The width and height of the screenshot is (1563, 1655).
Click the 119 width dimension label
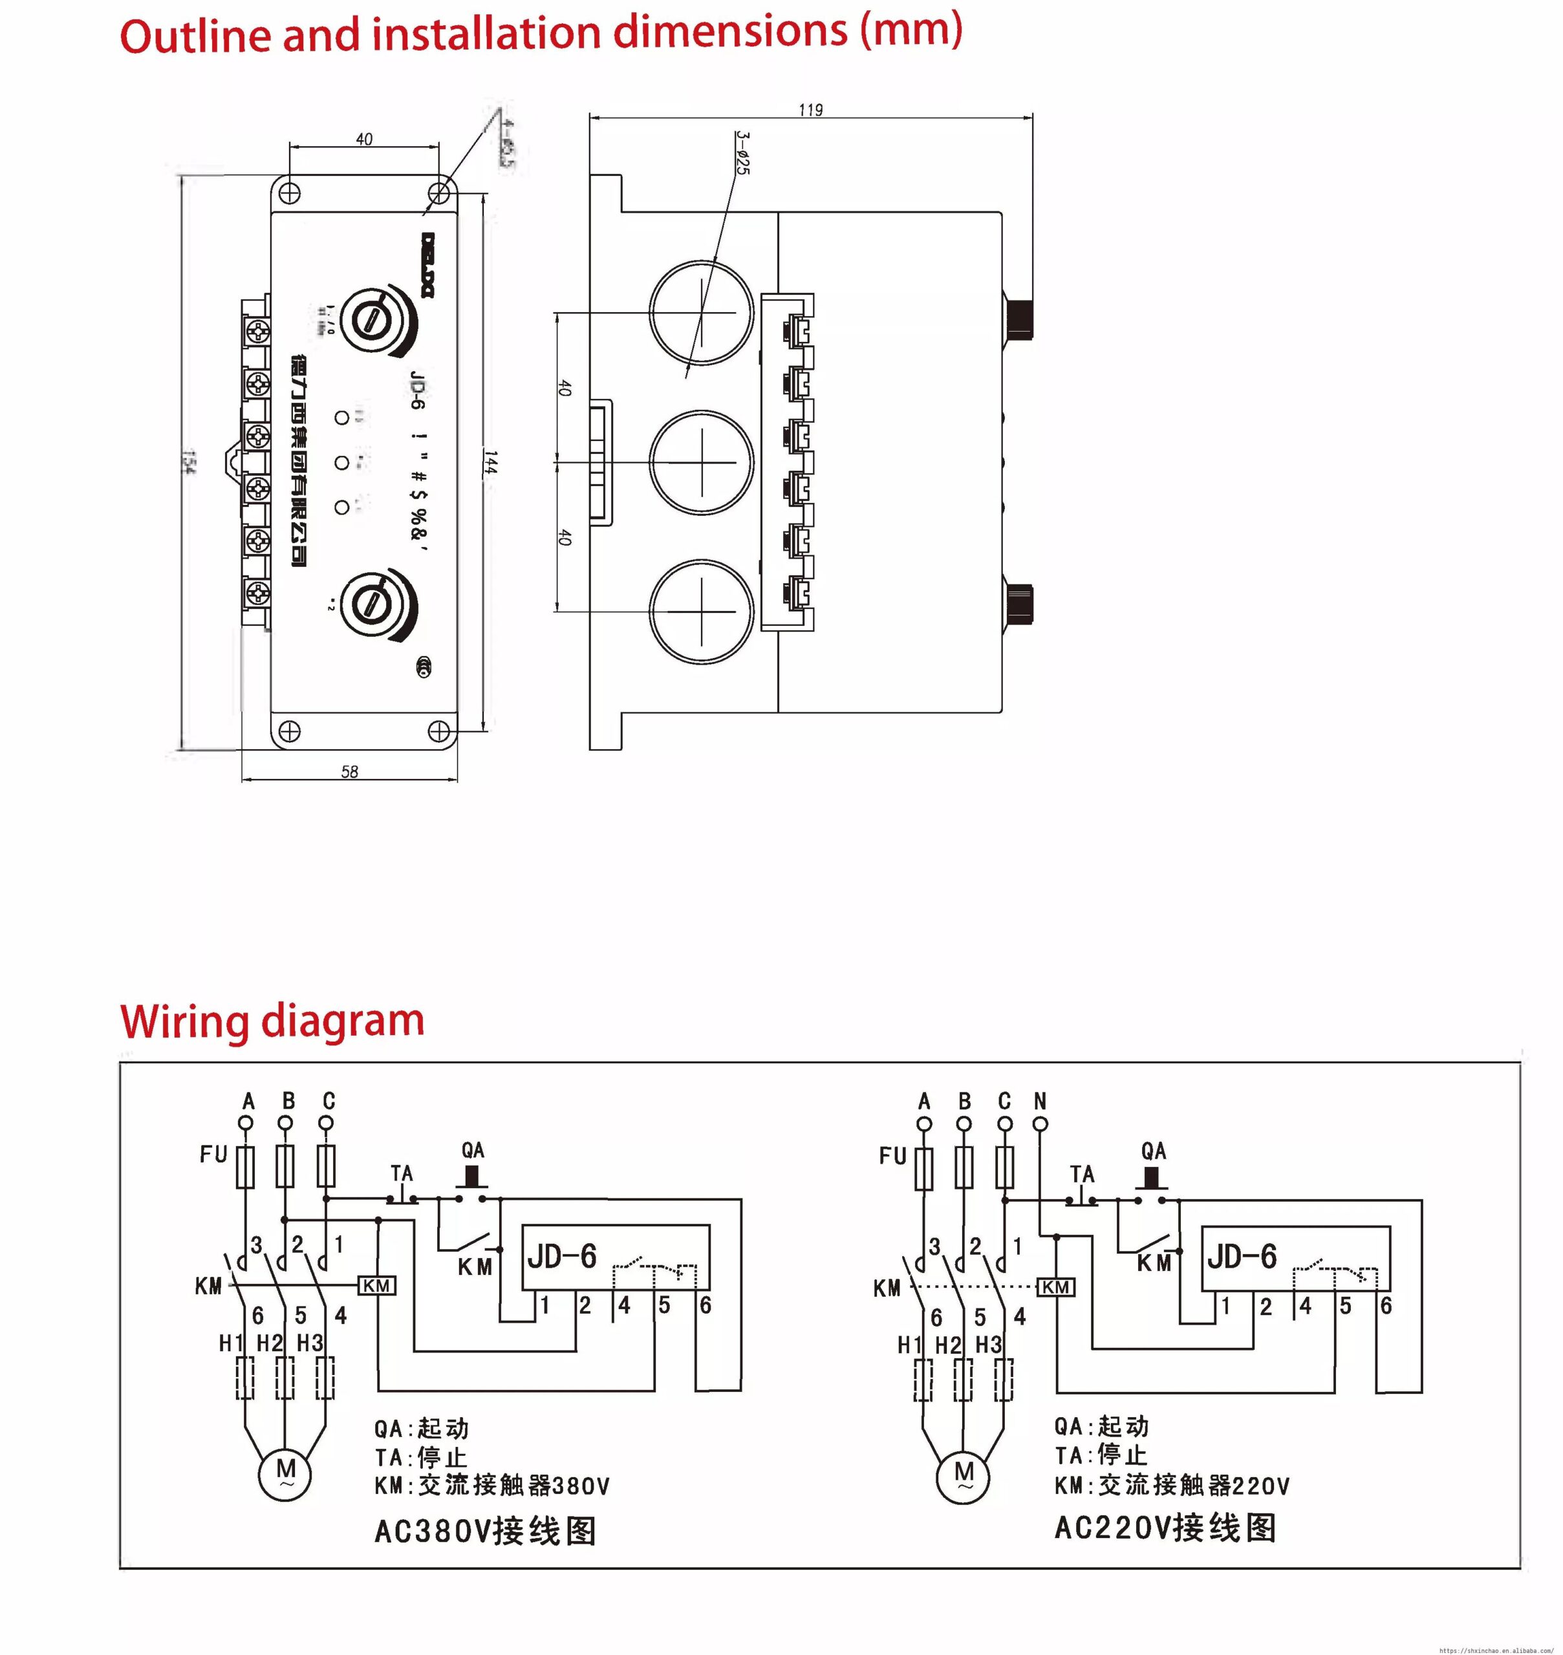[810, 110]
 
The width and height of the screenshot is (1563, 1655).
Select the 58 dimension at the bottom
[350, 772]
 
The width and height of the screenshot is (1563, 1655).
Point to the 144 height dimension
[491, 463]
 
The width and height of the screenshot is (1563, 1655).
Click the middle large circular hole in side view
[702, 462]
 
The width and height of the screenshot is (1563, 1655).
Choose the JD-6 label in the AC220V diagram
[1242, 1256]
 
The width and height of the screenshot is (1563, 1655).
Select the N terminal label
[1040, 1101]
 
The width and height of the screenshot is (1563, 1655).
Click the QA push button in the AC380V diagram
[473, 1177]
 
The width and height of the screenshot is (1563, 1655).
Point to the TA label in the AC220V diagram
[1083, 1175]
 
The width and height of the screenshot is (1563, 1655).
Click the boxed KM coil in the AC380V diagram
[376, 1286]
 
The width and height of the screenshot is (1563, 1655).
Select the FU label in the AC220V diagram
[892, 1156]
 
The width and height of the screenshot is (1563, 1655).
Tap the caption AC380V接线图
[486, 1530]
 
